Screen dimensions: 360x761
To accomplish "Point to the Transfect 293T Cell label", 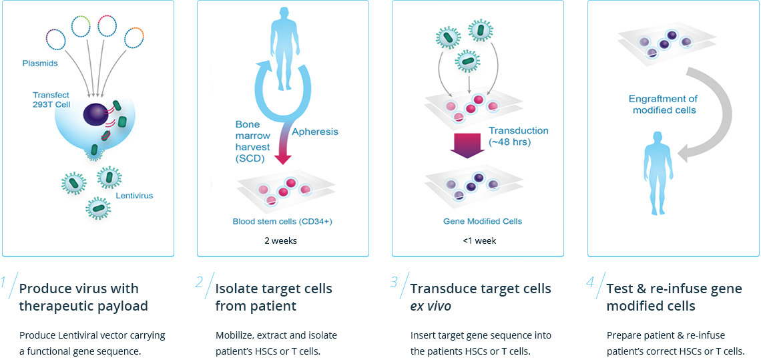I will click(51, 100).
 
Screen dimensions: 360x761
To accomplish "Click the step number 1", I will click(5, 283).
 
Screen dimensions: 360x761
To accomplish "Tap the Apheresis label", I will click(315, 132).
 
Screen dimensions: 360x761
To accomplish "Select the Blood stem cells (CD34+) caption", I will click(282, 221).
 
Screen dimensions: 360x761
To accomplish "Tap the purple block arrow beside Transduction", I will click(466, 144).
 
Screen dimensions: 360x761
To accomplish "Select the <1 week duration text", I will click(479, 241).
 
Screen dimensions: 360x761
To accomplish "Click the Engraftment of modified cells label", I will click(664, 104).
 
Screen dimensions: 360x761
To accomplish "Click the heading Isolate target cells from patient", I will click(274, 297).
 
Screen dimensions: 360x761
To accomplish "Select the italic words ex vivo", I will click(431, 306).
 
